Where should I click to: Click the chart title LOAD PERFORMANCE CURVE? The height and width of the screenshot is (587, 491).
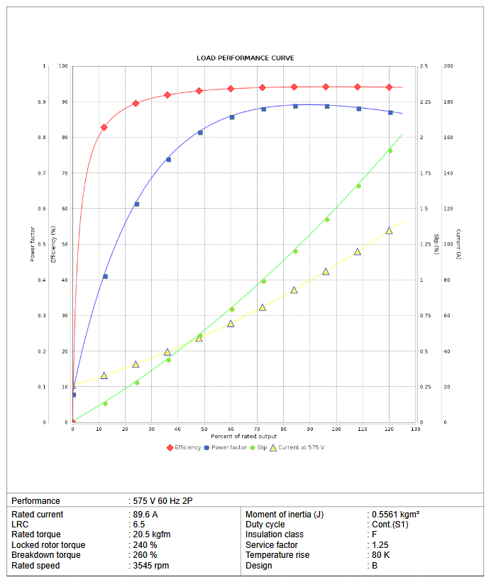245,58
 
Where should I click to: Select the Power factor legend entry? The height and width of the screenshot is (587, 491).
228,447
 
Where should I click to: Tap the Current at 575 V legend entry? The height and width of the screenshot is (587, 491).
301,447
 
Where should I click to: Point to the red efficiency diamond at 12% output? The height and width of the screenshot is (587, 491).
104,127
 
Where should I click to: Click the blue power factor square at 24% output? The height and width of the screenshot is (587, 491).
136,204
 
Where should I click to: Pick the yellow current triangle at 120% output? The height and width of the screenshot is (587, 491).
389,231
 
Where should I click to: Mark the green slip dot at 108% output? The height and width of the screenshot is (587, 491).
358,186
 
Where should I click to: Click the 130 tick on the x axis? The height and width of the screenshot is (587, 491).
416,429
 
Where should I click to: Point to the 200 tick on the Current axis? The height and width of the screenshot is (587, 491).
448,66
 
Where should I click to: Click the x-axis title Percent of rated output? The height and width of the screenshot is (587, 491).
245,435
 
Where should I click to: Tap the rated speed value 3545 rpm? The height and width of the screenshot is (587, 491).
150,566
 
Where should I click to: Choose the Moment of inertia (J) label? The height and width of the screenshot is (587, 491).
284,515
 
